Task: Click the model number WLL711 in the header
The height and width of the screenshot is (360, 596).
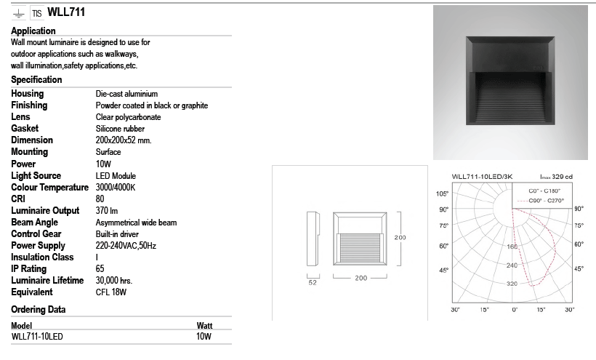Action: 69,12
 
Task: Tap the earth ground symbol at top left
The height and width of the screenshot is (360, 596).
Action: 17,14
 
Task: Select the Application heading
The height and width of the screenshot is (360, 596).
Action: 33,31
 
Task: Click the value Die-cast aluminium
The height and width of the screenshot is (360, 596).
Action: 126,94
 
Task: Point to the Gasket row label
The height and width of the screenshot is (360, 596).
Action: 25,128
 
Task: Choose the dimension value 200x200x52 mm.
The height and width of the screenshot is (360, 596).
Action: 124,140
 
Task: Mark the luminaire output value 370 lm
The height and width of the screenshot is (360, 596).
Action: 107,211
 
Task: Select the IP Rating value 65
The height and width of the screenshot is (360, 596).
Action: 100,268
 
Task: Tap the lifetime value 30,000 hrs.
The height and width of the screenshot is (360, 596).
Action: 113,280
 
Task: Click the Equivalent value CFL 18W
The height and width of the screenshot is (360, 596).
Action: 111,292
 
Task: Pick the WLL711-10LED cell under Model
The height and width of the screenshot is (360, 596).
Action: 38,337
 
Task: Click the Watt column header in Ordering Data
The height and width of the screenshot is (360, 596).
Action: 204,326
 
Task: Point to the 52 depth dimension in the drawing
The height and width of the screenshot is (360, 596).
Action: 312,283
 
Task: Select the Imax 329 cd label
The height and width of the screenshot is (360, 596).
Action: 556,176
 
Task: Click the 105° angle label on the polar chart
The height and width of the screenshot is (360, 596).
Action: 441,193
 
